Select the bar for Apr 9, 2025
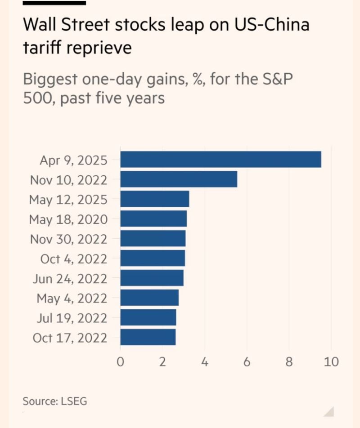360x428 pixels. [220, 160]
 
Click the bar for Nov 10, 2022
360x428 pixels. [179, 179]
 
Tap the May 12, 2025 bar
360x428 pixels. [154, 199]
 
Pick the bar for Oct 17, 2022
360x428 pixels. [148, 337]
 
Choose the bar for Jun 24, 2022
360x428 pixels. [152, 278]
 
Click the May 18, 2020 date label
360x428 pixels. [68, 219]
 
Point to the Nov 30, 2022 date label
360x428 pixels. [68, 239]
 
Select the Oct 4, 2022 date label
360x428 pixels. [73, 259]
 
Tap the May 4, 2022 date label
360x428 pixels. [72, 298]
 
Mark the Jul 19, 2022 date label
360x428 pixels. [72, 318]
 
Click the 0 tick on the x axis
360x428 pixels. [120, 362]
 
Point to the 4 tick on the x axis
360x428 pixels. [205, 362]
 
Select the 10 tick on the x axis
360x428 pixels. [331, 362]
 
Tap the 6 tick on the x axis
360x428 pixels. [247, 362]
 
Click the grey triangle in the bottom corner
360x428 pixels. [329, 411]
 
